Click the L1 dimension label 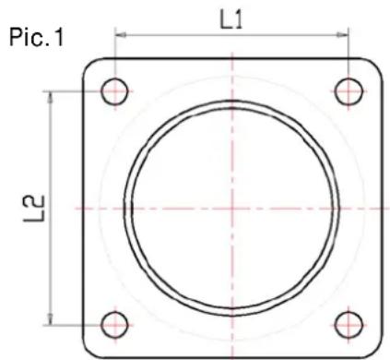(230, 20)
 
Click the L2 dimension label (34, 209)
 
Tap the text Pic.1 (37, 38)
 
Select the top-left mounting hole (114, 91)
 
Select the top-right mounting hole (349, 91)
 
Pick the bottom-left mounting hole (114, 325)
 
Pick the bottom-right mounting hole (349, 325)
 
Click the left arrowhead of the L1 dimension (120, 35)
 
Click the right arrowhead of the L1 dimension (343, 35)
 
